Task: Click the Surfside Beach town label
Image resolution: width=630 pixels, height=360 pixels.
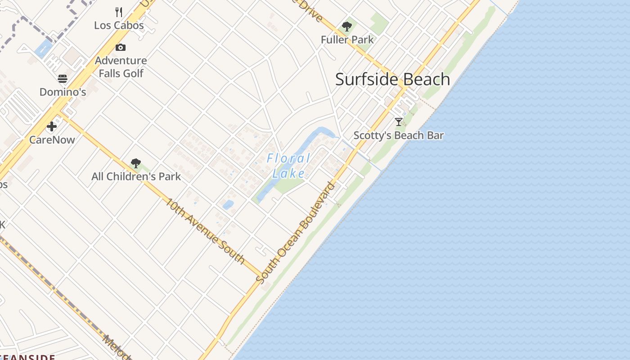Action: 392,79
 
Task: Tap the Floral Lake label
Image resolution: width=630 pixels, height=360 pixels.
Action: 288,166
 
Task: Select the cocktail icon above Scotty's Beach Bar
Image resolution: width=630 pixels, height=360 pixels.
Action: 398,121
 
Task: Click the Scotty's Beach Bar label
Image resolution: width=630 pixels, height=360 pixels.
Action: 398,135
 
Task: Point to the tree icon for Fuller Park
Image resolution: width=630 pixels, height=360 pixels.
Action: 346,27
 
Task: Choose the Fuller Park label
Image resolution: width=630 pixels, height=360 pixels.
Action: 347,40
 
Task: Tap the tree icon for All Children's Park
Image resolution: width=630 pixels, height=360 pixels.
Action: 136,163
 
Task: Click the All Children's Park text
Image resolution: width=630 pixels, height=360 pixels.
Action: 136,176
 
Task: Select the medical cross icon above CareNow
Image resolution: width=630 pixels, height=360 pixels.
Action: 52,126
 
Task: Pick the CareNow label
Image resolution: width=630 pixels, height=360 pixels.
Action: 52,139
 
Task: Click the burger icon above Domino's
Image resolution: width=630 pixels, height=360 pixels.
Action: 63,79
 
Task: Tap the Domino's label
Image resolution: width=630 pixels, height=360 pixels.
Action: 63,92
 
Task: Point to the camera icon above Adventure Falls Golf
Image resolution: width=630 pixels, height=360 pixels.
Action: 120,47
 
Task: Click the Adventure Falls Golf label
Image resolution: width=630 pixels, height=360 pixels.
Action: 121,67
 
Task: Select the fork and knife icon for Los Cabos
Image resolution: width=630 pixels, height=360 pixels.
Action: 119,12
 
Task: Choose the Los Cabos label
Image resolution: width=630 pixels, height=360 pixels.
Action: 119,25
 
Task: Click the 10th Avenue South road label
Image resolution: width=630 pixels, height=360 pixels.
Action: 205,230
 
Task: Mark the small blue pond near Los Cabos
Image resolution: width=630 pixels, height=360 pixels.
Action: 43,48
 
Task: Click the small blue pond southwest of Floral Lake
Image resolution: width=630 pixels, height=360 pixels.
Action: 228,205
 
